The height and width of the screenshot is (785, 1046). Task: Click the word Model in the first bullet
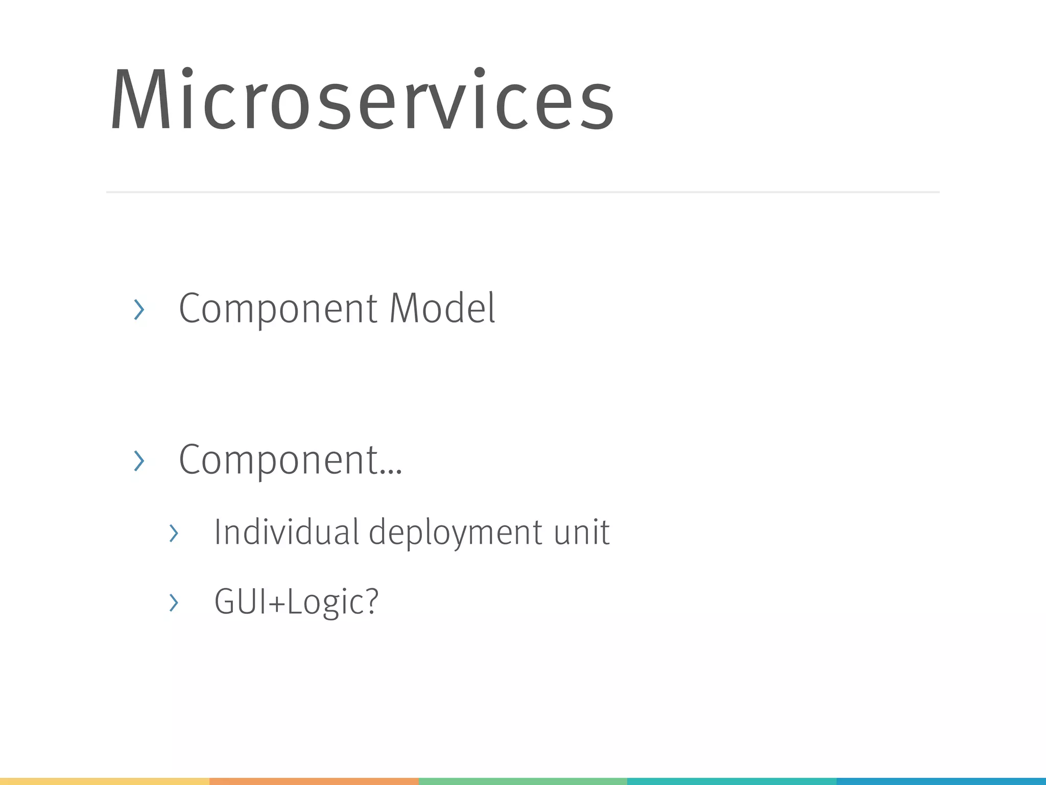(442, 308)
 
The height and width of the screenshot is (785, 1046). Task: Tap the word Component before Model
(278, 309)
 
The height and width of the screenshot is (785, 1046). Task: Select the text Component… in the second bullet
(290, 460)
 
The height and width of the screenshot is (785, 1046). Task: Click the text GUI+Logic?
(296, 602)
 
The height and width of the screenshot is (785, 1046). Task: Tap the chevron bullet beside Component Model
(139, 310)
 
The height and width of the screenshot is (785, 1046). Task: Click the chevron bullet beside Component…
(139, 461)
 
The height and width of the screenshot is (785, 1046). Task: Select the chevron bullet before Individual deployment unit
(174, 534)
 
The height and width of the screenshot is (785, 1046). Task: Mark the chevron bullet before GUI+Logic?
(174, 603)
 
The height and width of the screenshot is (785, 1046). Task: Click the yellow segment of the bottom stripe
(105, 781)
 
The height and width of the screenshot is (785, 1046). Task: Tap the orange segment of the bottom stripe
(314, 781)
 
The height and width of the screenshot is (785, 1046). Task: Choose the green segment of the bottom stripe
(522, 781)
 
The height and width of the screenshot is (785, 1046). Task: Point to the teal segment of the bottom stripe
(731, 781)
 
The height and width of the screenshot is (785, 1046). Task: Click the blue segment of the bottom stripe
(941, 781)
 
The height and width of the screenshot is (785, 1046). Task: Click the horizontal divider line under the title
(522, 192)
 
